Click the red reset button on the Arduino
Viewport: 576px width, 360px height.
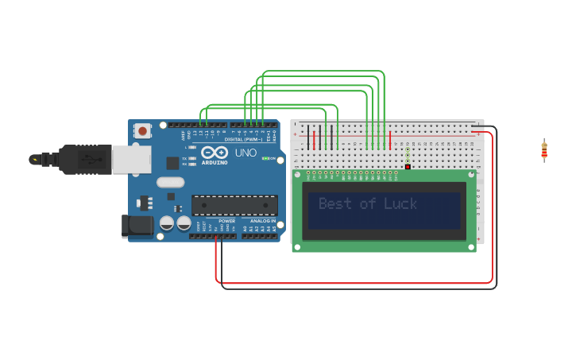pyautogui.click(x=142, y=130)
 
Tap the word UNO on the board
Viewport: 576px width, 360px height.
pyautogui.click(x=245, y=153)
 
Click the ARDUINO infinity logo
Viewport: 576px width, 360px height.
pyautogui.click(x=214, y=153)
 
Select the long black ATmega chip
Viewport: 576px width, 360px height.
pyautogui.click(x=234, y=205)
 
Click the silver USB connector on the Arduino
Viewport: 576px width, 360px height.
pyautogui.click(x=131, y=159)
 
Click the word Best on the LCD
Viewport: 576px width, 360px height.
pyautogui.click(x=334, y=204)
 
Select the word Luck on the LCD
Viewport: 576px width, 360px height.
pyautogui.click(x=400, y=204)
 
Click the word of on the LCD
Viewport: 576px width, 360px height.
pyautogui.click(x=368, y=204)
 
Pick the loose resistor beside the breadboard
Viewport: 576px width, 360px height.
pyautogui.click(x=544, y=149)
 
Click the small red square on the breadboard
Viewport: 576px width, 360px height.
pyautogui.click(x=408, y=167)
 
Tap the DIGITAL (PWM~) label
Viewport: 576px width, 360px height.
pyautogui.click(x=244, y=140)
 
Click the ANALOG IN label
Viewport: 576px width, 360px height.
pyautogui.click(x=263, y=221)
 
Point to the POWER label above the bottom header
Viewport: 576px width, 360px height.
pyautogui.click(x=226, y=221)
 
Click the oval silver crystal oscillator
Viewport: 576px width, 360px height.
pyautogui.click(x=170, y=182)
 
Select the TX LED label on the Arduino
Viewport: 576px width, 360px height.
pyautogui.click(x=184, y=158)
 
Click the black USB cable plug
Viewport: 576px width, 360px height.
pyautogui.click(x=83, y=159)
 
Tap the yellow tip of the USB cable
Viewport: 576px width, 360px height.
pyautogui.click(x=34, y=159)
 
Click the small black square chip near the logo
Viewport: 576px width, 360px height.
pyautogui.click(x=172, y=163)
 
